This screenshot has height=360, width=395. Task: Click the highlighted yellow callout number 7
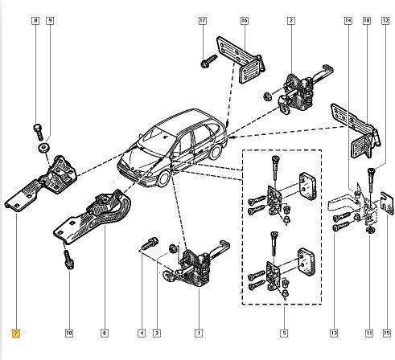pyautogui.click(x=16, y=333)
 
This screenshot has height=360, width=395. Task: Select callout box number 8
pyautogui.click(x=35, y=21)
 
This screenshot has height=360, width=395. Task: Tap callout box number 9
pyautogui.click(x=50, y=21)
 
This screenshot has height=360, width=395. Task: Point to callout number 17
pyautogui.click(x=203, y=21)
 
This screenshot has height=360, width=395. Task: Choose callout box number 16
pyautogui.click(x=245, y=21)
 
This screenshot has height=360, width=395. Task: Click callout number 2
pyautogui.click(x=291, y=21)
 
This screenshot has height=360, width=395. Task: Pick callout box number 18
pyautogui.click(x=367, y=21)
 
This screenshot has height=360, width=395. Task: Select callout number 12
pyautogui.click(x=385, y=21)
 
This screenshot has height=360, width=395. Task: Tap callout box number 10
pyautogui.click(x=69, y=333)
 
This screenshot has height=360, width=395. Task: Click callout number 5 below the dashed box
pyautogui.click(x=284, y=333)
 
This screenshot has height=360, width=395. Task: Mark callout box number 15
pyautogui.click(x=386, y=333)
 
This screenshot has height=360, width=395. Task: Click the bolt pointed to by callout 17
pyautogui.click(x=208, y=62)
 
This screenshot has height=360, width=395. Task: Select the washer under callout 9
pyautogui.click(x=43, y=148)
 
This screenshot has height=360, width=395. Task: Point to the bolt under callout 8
pyautogui.click(x=39, y=132)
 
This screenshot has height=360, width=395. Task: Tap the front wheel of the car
pyautogui.click(x=163, y=178)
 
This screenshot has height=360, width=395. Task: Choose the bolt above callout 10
pyautogui.click(x=68, y=260)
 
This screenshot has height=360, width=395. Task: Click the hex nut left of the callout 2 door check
pyautogui.click(x=267, y=96)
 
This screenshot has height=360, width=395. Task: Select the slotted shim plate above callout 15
pyautogui.click(x=387, y=203)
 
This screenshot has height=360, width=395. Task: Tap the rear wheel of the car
pyautogui.click(x=216, y=152)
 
